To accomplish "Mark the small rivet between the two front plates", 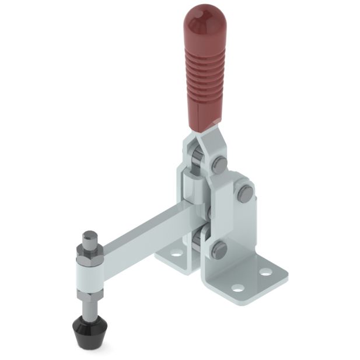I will click(208, 209).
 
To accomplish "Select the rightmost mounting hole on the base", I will click(265, 272).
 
